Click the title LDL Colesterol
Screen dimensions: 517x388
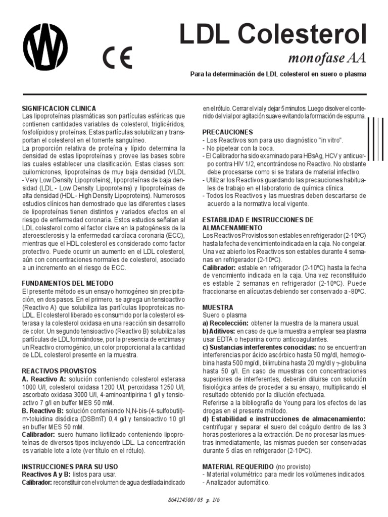[x=273, y=35]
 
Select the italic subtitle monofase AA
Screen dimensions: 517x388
[x=326, y=59]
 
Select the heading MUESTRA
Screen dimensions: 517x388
[x=218, y=307]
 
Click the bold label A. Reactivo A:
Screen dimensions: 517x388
[x=44, y=379]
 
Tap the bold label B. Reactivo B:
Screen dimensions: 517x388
[x=44, y=410]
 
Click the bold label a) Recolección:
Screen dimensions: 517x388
[x=225, y=323]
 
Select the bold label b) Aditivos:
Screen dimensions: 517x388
[x=220, y=331]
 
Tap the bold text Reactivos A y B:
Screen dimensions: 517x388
[x=48, y=475]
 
